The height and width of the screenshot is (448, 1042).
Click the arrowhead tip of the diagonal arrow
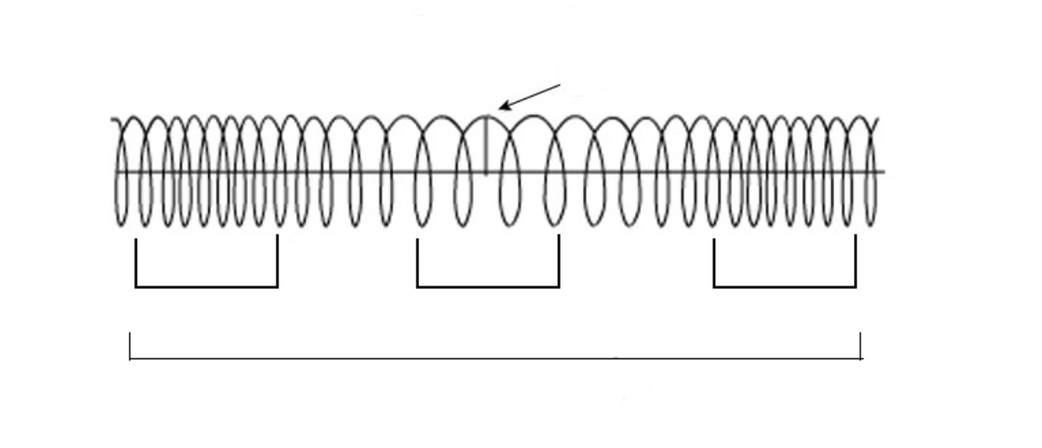499,110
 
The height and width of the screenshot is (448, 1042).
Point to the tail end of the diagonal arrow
561,84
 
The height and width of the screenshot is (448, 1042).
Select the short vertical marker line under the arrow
486,145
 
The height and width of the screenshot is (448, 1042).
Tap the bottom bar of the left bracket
206,286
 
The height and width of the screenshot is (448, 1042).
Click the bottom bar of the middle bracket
488,286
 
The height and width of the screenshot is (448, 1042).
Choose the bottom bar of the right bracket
785,286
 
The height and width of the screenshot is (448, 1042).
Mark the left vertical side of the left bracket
136,262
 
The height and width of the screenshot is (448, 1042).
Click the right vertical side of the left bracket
278,260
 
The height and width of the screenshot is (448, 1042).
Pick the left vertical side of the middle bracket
417,262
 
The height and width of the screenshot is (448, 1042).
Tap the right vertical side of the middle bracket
559,260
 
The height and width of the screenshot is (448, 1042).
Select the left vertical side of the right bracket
714,262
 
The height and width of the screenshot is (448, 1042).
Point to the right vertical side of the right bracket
856,260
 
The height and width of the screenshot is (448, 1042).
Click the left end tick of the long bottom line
130,346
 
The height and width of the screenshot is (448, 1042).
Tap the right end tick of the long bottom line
861,346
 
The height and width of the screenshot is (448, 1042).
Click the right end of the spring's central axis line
882,172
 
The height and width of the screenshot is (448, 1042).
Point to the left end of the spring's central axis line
115,172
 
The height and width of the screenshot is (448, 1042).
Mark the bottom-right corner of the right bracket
856,286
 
